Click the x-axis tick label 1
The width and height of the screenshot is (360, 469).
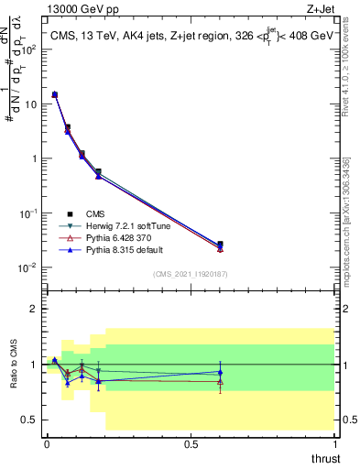[334, 443]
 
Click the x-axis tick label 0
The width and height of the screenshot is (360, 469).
[46, 443]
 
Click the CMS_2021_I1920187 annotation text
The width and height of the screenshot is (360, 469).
[190, 274]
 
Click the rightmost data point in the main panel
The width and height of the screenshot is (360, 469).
[220, 245]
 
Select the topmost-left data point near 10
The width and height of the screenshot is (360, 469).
[54, 94]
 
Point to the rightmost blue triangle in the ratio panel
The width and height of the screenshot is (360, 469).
[220, 372]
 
